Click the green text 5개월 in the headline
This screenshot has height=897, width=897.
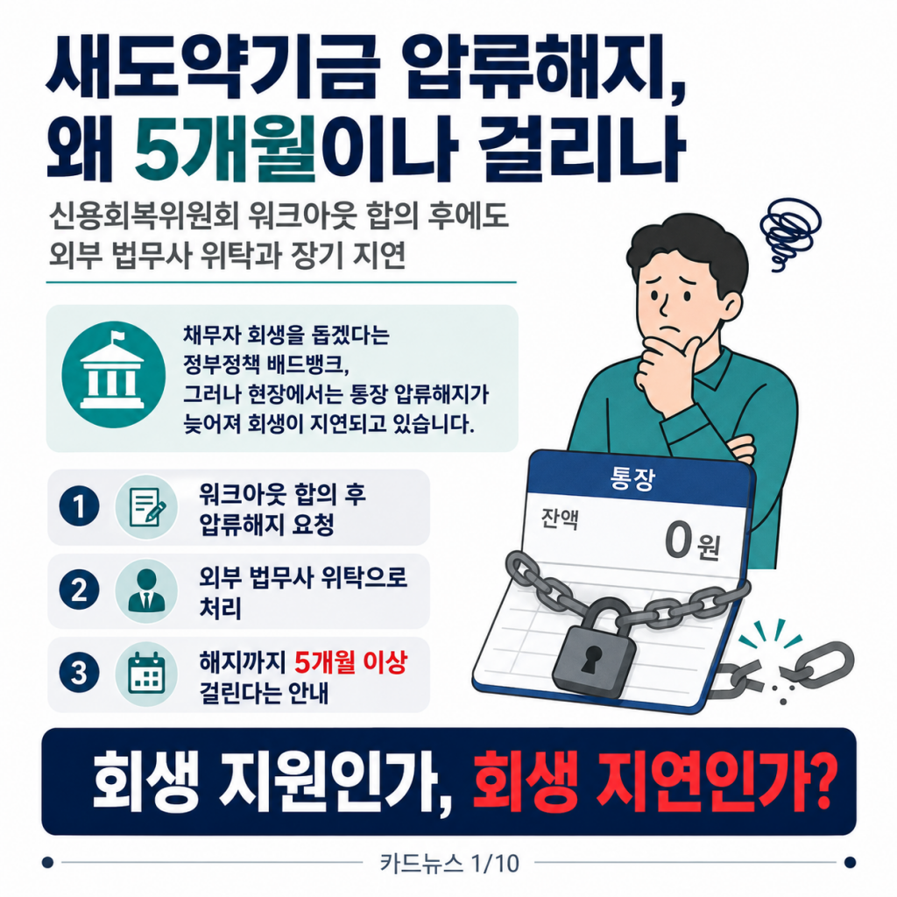coord(225,149)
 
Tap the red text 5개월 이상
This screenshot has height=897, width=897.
coord(350,662)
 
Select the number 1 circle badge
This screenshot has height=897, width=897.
coord(79,506)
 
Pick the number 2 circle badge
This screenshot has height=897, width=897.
coord(79,590)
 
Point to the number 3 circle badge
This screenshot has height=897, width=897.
coord(79,673)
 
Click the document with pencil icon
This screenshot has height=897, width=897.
coord(147,507)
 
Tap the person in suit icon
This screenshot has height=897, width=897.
coord(146,590)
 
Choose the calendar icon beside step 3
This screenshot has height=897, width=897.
coord(146,674)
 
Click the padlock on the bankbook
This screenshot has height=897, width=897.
coord(593,648)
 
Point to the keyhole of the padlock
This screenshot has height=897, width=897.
coord(590,660)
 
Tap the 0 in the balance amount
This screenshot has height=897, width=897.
coord(679,540)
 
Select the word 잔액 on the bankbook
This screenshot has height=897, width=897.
coord(560,519)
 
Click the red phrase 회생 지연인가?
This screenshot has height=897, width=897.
coord(652,780)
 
